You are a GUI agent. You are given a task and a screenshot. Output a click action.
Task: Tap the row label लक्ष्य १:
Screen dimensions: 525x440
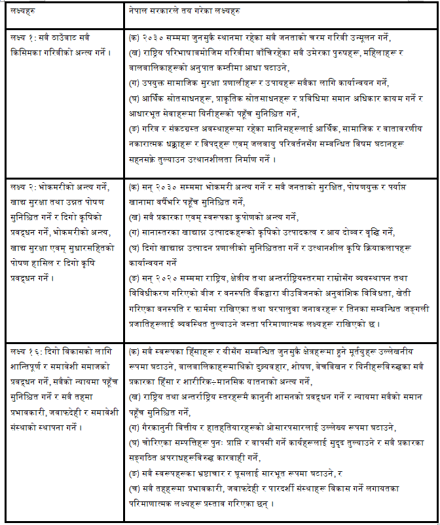coord(24,38)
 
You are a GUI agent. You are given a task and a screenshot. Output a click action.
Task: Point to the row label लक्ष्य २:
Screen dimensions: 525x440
coord(24,187)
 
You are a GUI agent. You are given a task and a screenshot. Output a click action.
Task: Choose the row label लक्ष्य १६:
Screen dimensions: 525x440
coord(26,351)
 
